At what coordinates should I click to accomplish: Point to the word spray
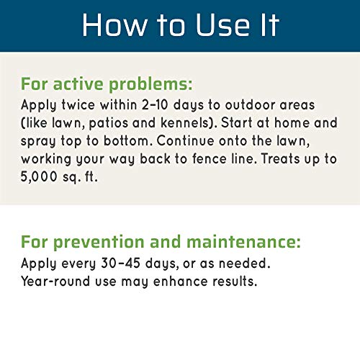point(41,141)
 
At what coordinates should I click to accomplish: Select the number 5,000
point(45,178)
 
